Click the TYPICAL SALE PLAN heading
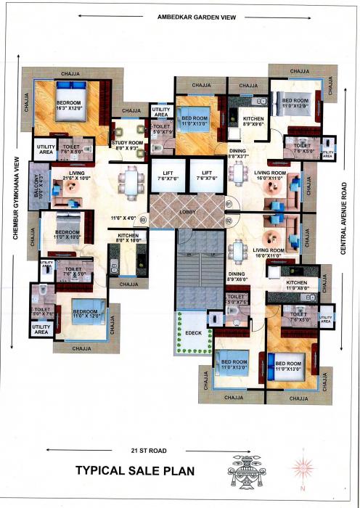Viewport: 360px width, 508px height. click(135, 471)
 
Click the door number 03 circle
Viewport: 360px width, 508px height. click(143, 218)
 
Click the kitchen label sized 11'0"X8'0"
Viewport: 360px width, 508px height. click(296, 285)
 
